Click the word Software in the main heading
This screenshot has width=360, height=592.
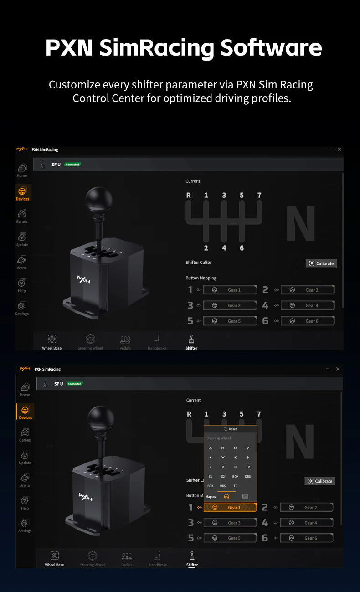pos(271,48)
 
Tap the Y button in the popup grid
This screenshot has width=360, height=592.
pos(248,448)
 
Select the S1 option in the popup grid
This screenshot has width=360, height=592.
pos(211,476)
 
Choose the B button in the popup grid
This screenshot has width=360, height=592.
pos(223,448)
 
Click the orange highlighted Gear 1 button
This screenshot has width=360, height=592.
pos(230,507)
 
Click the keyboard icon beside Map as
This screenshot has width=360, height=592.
pos(245,496)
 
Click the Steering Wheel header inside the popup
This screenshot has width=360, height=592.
pos(219,438)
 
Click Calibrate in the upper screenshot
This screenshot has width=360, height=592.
pos(321,263)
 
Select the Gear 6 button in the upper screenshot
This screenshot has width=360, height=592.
pos(308,321)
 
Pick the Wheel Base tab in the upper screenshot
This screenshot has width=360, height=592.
pos(52,342)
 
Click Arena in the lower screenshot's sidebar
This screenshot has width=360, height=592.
pos(25,479)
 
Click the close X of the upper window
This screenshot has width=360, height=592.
pos(339,149)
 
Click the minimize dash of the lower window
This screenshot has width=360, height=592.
pos(327,369)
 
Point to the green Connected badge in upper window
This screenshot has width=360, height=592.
pos(72,165)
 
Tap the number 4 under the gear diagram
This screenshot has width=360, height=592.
pos(224,248)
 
